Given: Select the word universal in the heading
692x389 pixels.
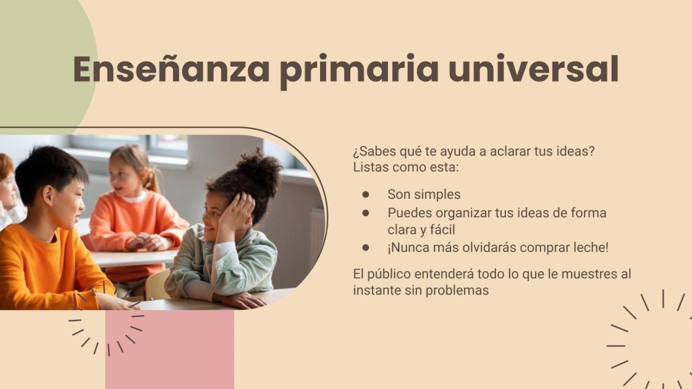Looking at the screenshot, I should coord(533,69).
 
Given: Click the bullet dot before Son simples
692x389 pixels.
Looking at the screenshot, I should coord(366,194).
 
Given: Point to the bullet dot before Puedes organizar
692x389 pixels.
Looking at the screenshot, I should coord(366,213).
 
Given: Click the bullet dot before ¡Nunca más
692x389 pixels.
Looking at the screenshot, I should coord(366,248).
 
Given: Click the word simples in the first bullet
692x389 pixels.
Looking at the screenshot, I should coord(437,194).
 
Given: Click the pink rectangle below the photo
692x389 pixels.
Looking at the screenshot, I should coord(169,349).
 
